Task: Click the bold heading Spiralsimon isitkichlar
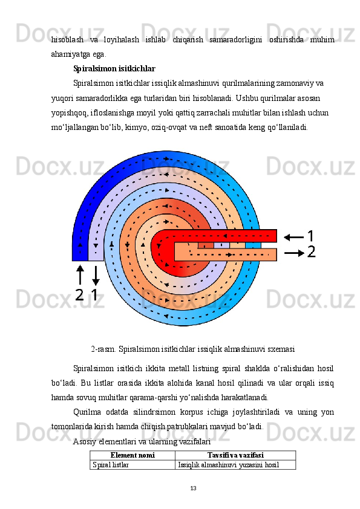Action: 114,69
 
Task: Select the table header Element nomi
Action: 132,455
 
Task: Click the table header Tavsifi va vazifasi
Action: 235,455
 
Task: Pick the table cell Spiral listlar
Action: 110,465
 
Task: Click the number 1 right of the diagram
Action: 311,236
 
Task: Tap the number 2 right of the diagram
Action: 311,252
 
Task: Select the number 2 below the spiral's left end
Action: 79,295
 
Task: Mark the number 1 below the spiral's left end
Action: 94,295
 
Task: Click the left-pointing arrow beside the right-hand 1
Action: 293,236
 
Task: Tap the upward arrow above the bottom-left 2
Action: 80,274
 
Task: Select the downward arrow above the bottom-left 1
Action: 95,274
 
